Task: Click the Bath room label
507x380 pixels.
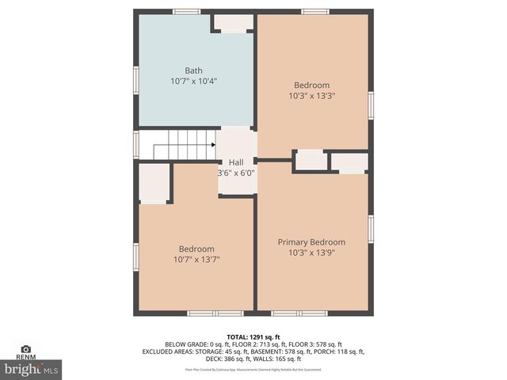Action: [193, 70]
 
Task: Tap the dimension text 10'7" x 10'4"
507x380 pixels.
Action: [193, 81]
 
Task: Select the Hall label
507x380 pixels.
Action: [236, 162]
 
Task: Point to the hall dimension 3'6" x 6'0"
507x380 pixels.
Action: [236, 173]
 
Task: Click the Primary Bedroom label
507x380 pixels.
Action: [311, 242]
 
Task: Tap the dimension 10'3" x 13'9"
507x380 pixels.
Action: [311, 253]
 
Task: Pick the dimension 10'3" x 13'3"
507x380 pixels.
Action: [311, 96]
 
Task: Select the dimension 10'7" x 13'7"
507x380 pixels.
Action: [196, 259]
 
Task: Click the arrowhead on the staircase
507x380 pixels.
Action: [212, 145]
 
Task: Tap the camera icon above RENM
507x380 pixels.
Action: [26, 348]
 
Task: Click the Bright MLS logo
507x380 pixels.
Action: [32, 368]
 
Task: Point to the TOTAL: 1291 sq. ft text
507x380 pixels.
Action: [253, 336]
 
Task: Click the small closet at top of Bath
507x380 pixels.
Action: [233, 23]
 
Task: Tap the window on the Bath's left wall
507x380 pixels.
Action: [136, 80]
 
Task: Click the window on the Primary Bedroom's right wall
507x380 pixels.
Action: [371, 228]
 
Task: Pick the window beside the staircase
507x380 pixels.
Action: [136, 144]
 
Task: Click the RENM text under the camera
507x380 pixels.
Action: [26, 358]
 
